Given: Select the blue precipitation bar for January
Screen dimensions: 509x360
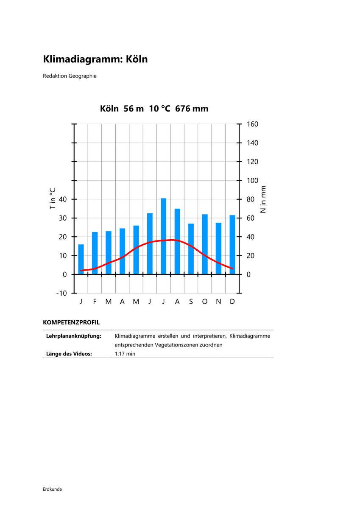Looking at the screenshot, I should tap(81, 259).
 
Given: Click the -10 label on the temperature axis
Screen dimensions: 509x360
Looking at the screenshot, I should tap(61, 293).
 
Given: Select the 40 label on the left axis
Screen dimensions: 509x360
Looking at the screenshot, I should tap(63, 199).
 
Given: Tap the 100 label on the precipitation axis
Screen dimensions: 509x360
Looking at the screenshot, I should tap(252, 181).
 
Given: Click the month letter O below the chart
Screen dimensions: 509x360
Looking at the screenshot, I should tap(205, 302).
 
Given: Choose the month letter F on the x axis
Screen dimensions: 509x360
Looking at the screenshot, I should tap(95, 302).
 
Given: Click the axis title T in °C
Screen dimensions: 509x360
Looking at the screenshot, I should tap(53, 199).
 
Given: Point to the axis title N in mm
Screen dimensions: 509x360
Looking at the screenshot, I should tap(263, 199).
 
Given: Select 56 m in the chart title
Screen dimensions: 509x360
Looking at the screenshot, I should tap(134, 109).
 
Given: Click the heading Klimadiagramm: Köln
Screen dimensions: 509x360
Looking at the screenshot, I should tap(95, 59).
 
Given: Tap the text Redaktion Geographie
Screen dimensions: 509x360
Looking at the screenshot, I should tap(70, 76).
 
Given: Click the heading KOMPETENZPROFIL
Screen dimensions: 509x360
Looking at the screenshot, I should tap(71, 322).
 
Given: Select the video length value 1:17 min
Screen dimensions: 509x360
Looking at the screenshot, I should tap(125, 354).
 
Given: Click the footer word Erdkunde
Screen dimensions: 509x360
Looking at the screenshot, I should tap(52, 489).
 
